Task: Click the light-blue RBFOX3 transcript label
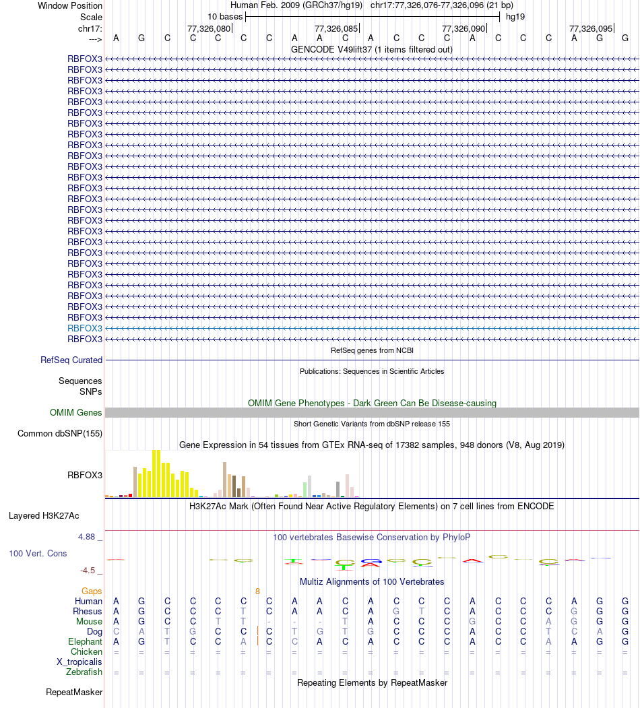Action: point(85,328)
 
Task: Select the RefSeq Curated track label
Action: point(71,360)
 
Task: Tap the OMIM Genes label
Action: point(76,413)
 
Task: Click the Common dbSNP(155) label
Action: point(60,434)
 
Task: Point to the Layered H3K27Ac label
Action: point(44,517)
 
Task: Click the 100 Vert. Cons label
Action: point(38,553)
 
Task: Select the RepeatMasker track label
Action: point(74,693)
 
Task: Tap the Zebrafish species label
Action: point(84,672)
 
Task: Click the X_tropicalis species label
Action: point(79,662)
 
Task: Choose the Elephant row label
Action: point(85,642)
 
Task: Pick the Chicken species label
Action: point(86,652)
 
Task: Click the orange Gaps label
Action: point(92,591)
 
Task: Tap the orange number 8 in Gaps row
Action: point(257,591)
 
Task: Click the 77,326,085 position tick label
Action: point(336,29)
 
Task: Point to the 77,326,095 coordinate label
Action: point(591,29)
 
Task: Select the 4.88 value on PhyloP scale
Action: point(88,537)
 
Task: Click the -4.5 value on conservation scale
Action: point(88,571)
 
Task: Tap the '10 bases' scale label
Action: point(225,16)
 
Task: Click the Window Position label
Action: point(70,5)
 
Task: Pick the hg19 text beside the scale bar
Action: point(515,16)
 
